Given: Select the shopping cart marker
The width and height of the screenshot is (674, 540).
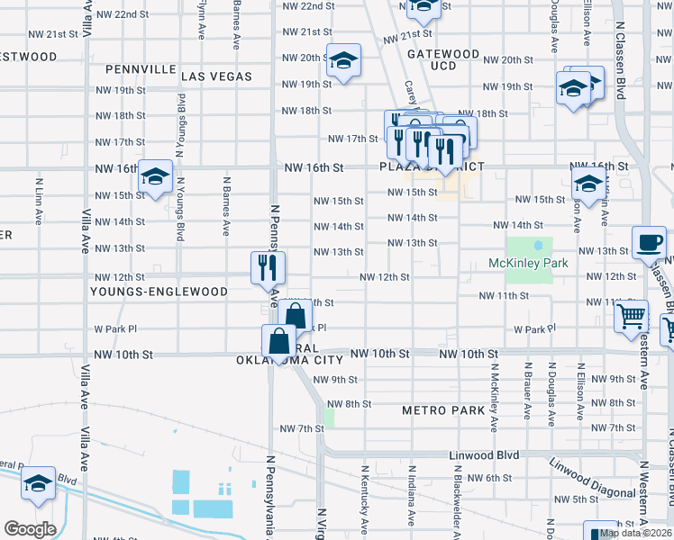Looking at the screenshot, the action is click(632, 316).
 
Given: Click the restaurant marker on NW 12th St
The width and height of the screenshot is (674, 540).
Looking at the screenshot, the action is click(268, 266).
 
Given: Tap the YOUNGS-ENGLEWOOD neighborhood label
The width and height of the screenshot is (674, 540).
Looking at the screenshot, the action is click(159, 292).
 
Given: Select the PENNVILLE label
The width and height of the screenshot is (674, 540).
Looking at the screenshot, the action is click(140, 68).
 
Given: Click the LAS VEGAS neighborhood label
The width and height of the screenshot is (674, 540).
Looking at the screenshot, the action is click(216, 77).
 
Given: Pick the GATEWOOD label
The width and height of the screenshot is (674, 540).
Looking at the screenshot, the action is click(442, 54).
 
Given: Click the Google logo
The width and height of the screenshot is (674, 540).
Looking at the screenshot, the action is click(30, 529).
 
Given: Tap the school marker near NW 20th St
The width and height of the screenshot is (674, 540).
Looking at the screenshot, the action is click(343, 60).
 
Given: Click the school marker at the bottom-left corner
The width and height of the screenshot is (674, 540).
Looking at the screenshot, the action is click(39, 485).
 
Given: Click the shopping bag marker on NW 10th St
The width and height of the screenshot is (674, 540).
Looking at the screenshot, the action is click(278, 341).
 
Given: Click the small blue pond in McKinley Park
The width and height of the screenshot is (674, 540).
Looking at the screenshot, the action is click(538, 244).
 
